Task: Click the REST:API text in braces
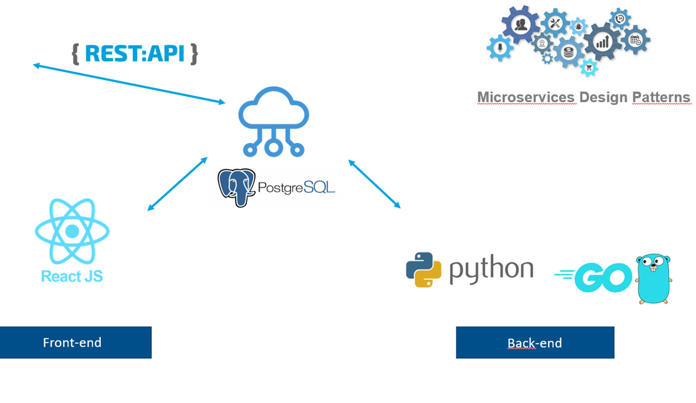pos(135,53)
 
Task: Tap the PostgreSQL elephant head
pos(237,187)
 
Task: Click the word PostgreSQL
pos(295,188)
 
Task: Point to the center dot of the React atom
pos(72,232)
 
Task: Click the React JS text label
pos(72,276)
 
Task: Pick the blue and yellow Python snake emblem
pos(424,270)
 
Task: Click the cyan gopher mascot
pos(654,278)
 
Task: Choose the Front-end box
pos(75,342)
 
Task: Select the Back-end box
pos(535,342)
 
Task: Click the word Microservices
pos(527,97)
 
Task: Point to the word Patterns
pos(661,97)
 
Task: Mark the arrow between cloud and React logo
pos(177,183)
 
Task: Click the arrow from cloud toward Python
pos(374,183)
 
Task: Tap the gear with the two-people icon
pos(520,25)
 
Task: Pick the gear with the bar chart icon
pos(603,41)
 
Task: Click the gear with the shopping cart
pos(589,68)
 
